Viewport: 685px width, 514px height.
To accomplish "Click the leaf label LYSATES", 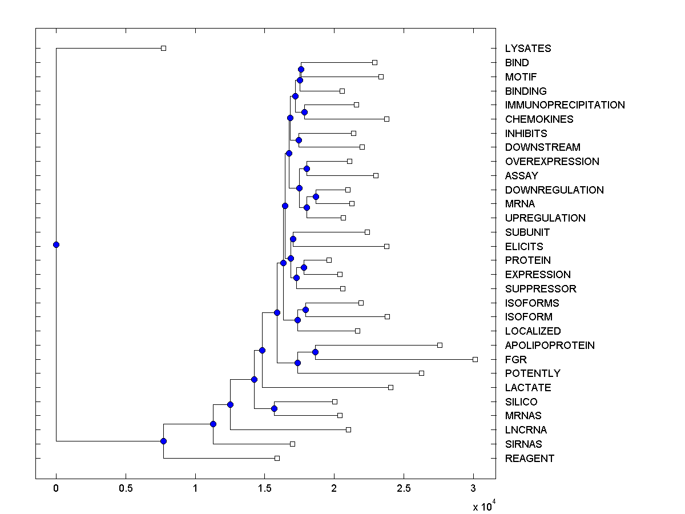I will [x=528, y=49].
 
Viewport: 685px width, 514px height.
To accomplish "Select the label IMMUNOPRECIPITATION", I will [x=565, y=105].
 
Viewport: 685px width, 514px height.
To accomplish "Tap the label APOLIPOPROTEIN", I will [x=550, y=346].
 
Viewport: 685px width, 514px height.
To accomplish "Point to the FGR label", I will [x=516, y=360].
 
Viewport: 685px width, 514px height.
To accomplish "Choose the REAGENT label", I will [x=529, y=459].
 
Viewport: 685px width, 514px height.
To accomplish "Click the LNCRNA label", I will [x=526, y=430].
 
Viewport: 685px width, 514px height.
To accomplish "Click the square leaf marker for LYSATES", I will [x=163, y=49].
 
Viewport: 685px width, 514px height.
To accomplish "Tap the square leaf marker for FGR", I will [x=475, y=359].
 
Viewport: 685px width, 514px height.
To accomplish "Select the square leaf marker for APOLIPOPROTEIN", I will [x=440, y=345].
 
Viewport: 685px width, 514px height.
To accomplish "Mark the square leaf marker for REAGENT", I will [x=277, y=458].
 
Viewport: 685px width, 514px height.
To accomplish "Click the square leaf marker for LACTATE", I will [x=390, y=387].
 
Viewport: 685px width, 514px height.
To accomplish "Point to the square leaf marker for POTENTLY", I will [x=421, y=373].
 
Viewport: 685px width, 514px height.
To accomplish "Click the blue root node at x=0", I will [x=56, y=244].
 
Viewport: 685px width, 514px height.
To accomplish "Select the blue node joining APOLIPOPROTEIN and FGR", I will [x=315, y=352].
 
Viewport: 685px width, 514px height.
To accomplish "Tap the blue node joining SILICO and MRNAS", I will [x=274, y=408].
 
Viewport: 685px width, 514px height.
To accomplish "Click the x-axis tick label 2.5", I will [x=404, y=489].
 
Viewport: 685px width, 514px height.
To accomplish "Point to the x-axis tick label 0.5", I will [x=126, y=489].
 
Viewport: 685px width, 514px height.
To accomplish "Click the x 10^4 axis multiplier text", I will [x=483, y=506].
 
